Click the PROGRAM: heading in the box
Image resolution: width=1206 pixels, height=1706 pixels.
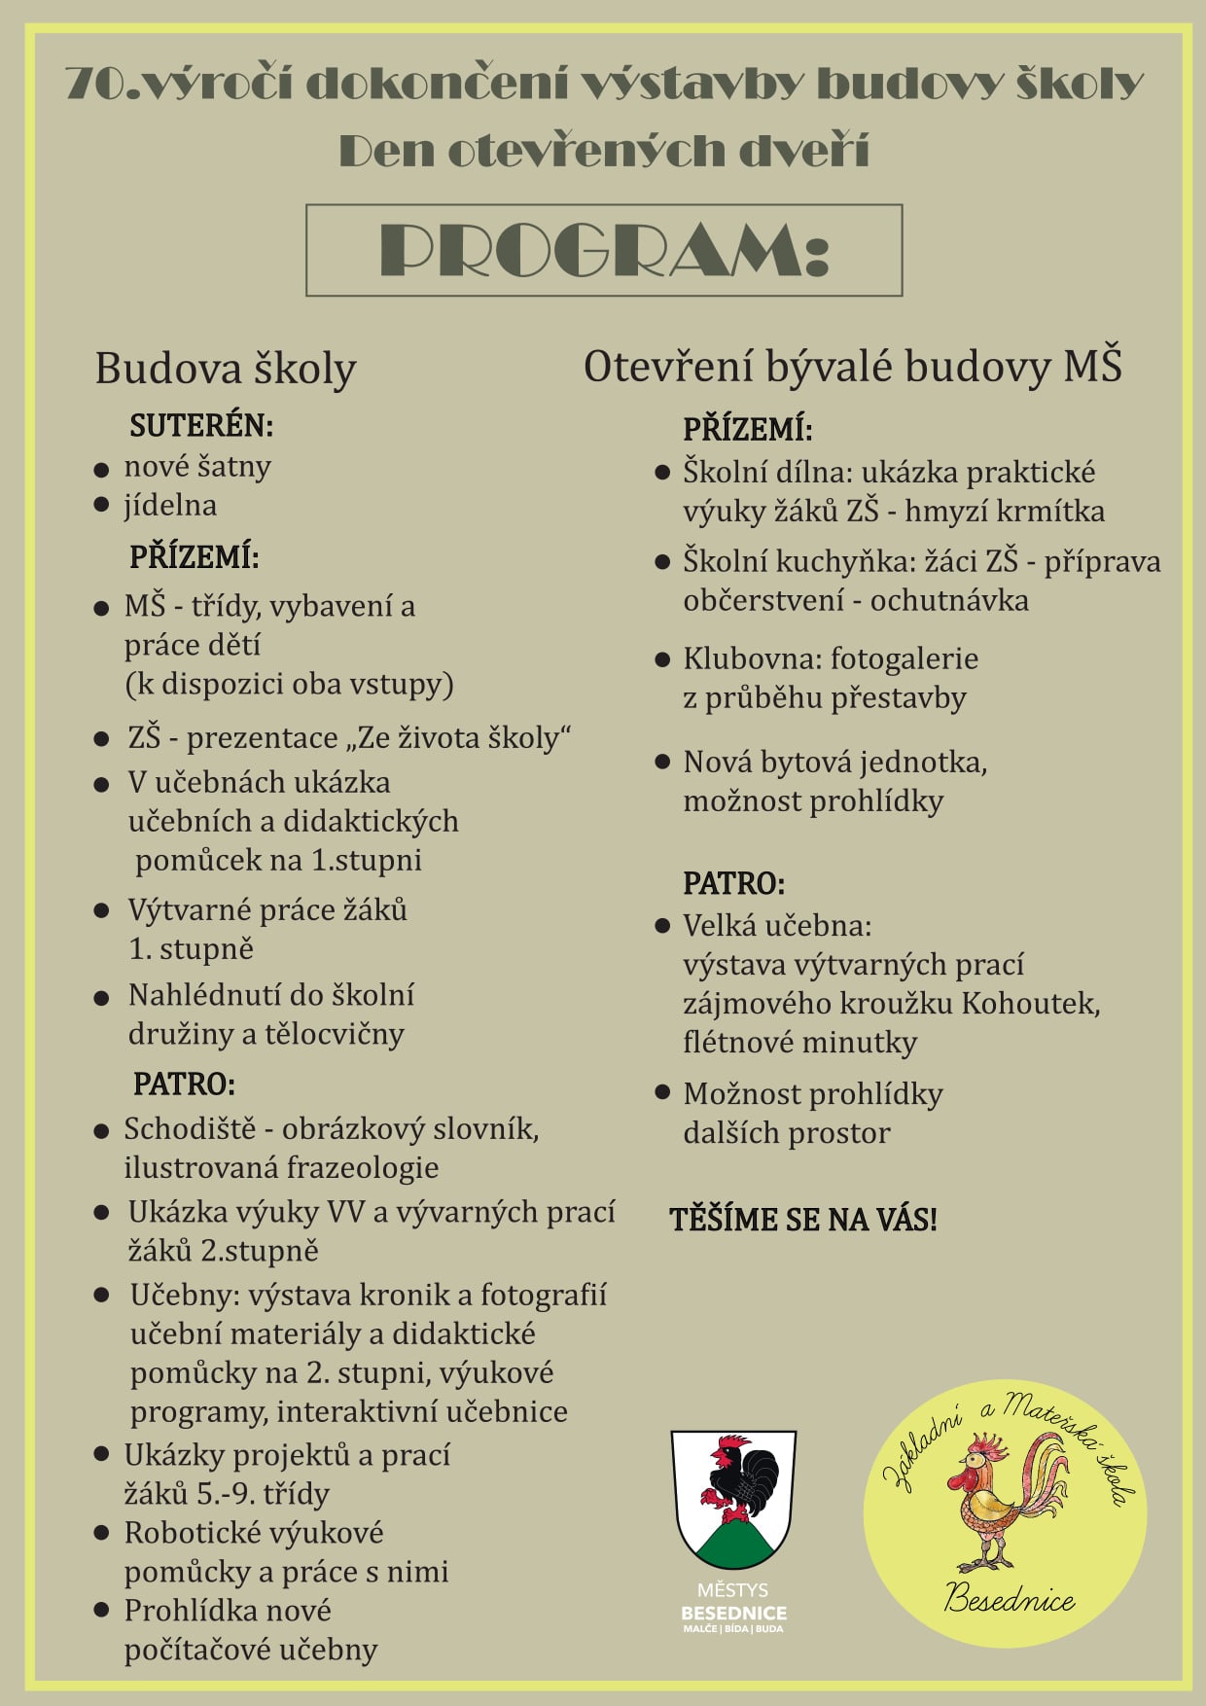click(x=603, y=250)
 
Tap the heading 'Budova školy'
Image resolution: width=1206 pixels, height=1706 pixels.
click(x=226, y=370)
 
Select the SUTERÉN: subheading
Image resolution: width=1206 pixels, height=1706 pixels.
click(x=201, y=425)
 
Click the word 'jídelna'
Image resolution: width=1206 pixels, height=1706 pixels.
click(x=170, y=506)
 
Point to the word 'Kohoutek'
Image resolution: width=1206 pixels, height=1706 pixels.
click(x=1031, y=1003)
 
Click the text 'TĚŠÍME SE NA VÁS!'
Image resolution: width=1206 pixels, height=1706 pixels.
click(x=803, y=1220)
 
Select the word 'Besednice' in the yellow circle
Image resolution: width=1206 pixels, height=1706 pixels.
click(x=1010, y=1600)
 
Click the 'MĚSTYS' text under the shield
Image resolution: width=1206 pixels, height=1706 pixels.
click(x=732, y=1590)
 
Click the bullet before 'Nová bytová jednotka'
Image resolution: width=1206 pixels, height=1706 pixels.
click(x=663, y=762)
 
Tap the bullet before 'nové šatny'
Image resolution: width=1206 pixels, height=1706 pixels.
click(x=101, y=469)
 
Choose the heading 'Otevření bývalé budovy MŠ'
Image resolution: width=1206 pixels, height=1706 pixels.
click(x=852, y=368)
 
